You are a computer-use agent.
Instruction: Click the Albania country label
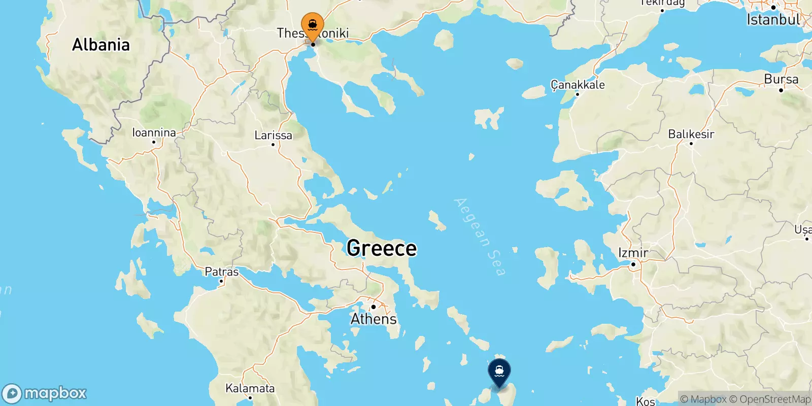click(101, 45)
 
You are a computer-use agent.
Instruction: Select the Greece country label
click(382, 248)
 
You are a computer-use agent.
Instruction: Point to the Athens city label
click(374, 319)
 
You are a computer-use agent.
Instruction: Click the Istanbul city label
click(773, 20)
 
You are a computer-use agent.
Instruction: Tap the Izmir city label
click(633, 252)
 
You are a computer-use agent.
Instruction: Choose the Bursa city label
click(781, 79)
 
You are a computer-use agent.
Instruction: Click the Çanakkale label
click(578, 84)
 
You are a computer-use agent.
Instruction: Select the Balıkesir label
click(691, 134)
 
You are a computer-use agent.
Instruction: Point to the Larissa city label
click(273, 135)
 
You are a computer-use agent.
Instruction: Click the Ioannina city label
click(154, 132)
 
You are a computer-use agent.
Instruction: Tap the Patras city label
click(221, 272)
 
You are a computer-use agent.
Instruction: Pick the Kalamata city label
click(250, 388)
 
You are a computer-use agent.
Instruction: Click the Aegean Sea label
click(480, 236)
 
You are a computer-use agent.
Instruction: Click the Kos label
click(645, 401)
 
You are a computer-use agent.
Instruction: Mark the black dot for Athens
click(373, 307)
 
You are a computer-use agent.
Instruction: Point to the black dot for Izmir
click(633, 264)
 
